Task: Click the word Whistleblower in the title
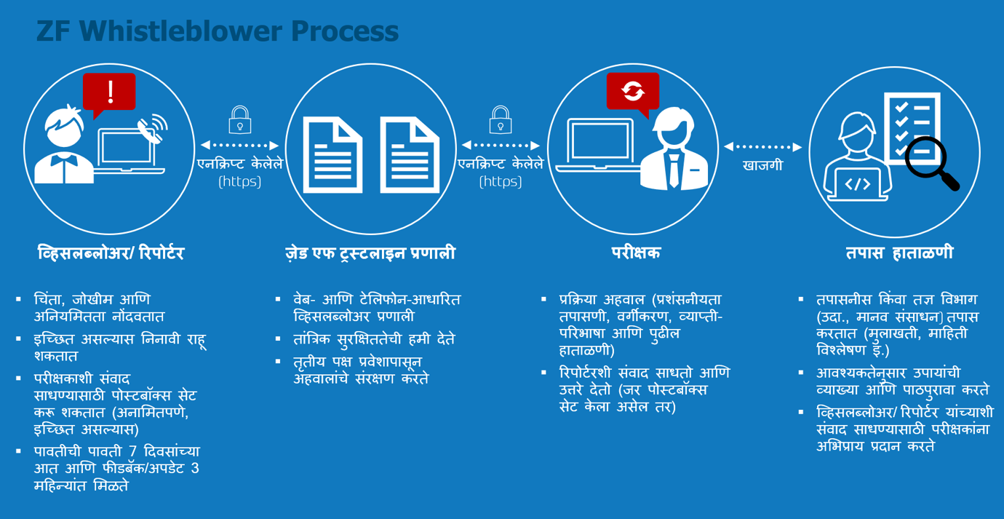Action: [182, 31]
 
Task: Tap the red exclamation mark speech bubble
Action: [109, 93]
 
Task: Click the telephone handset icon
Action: [150, 131]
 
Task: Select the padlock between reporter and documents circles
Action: [240, 120]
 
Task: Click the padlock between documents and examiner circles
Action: [501, 120]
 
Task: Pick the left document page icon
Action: [332, 155]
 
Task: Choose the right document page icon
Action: [410, 155]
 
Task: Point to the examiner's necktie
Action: [674, 170]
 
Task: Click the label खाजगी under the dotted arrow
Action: [763, 165]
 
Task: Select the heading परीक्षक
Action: [636, 253]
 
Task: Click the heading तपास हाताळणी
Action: [899, 253]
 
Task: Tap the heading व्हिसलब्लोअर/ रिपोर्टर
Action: [111, 253]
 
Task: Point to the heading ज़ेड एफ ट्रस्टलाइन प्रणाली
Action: [370, 253]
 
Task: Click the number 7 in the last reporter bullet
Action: [132, 451]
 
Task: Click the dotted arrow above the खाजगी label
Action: [762, 147]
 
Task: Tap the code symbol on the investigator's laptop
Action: [858, 183]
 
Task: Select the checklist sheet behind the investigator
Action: [912, 128]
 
